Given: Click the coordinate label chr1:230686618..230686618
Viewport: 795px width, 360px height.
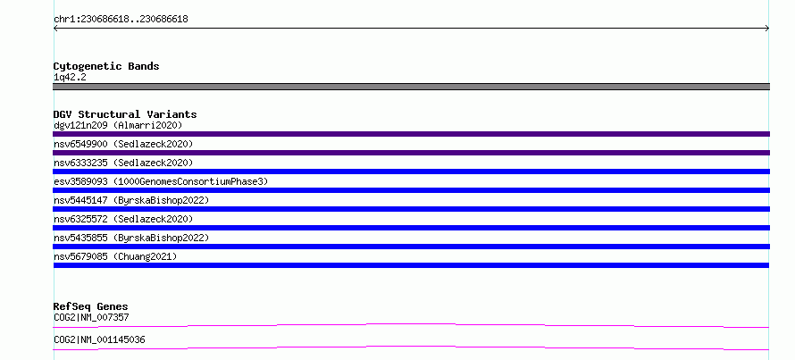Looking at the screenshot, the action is coord(121,20).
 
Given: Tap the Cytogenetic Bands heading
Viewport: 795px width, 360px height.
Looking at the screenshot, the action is coord(106,66).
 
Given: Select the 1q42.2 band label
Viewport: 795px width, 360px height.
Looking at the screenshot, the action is coord(70,78).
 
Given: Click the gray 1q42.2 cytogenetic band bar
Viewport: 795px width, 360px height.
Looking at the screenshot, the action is coord(411,87).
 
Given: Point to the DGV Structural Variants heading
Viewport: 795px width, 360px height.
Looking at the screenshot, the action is coord(125,114).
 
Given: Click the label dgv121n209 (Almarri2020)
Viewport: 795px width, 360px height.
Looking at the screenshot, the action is coord(118,125).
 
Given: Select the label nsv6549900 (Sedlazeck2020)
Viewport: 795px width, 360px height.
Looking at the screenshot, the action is coord(123,145).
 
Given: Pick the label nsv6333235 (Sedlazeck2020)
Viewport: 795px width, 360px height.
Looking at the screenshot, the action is coord(123,163).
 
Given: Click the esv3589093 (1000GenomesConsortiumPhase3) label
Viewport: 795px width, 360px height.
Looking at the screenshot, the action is coord(161,181).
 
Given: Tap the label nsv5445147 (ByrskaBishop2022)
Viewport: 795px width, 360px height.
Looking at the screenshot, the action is coord(131,201).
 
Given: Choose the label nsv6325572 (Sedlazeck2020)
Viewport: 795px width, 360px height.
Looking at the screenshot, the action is coord(123,220).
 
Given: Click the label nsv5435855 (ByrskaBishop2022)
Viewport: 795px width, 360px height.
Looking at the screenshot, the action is coord(131,239).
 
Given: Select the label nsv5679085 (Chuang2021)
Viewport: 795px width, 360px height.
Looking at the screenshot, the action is coord(115,257).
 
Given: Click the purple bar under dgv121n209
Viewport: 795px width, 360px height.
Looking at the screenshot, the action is coord(411,134).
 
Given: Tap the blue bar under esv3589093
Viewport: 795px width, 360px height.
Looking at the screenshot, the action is coord(411,190).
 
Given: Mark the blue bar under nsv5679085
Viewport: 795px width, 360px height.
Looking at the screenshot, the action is coord(411,265).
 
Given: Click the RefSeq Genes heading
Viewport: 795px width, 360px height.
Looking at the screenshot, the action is coord(90,306).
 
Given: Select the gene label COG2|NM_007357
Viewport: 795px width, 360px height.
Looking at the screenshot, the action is coord(91,318).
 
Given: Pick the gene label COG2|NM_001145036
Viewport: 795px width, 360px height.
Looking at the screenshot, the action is coord(99,339).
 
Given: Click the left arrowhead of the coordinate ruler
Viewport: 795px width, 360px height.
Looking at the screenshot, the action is coord(54,29).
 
